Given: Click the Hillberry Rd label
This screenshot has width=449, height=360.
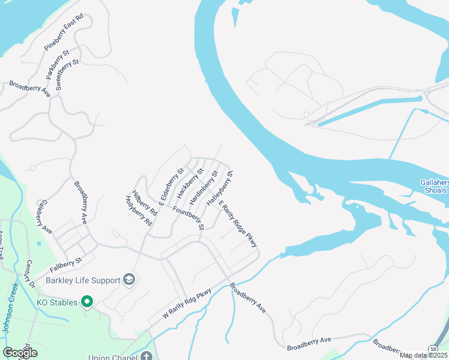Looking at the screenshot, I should click(145, 203).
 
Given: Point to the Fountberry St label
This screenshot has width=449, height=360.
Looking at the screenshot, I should click(188, 218).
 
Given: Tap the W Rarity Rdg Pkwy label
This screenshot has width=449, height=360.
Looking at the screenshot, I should click(187, 304).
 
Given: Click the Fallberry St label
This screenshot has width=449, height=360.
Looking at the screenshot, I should click(65, 263).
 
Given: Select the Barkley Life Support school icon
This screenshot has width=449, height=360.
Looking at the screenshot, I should click(128, 280).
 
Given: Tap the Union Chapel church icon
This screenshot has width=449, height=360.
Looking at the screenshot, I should click(148, 355).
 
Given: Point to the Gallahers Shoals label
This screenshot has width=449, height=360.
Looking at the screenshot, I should click(434, 187).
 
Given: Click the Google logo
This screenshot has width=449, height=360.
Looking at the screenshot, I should click(19, 353).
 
